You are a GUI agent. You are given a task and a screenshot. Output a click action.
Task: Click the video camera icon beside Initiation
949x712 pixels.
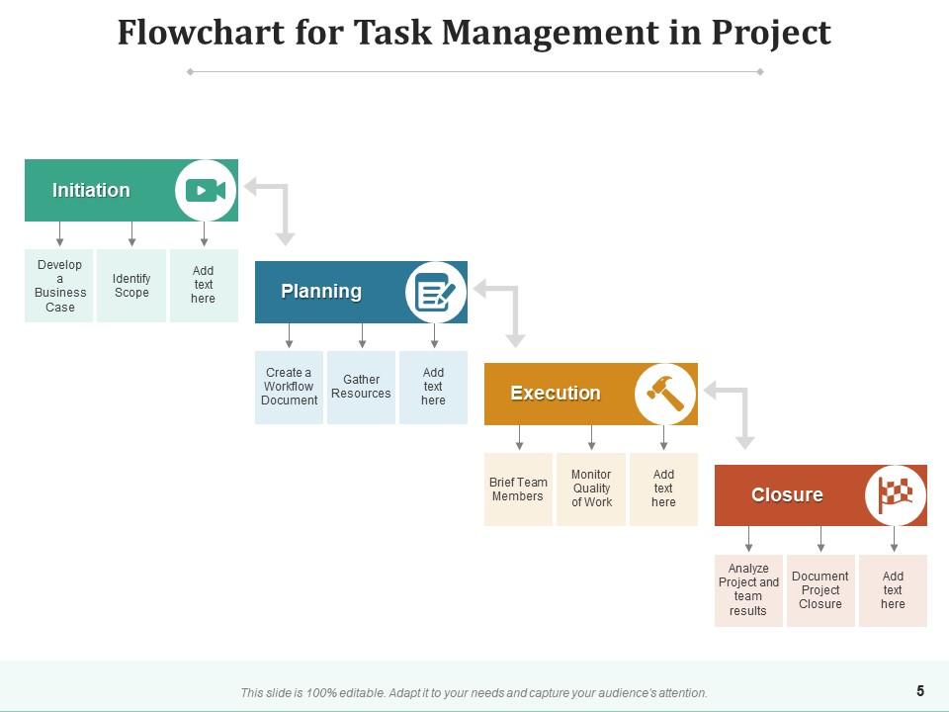click(x=206, y=190)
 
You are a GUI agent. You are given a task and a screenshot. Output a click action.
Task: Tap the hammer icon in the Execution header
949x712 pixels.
click(x=665, y=393)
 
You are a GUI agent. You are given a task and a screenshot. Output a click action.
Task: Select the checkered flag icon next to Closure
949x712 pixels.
click(x=896, y=494)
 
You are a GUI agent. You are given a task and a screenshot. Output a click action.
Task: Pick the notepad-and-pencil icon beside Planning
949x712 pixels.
click(x=436, y=292)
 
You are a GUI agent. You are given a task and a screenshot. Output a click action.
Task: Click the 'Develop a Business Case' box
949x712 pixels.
click(x=59, y=286)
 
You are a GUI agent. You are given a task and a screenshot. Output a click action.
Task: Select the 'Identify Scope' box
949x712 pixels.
click(x=131, y=286)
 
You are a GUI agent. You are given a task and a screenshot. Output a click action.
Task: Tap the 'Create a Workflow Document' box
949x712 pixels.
click(x=289, y=387)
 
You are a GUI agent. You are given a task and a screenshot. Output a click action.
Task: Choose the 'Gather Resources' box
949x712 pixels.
click(x=361, y=387)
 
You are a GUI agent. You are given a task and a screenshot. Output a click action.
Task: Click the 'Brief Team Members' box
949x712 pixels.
click(x=518, y=489)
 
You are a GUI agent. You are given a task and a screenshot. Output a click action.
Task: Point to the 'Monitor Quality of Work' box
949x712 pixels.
click(x=591, y=489)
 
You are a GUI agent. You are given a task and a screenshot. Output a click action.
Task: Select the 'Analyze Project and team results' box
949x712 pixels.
click(x=748, y=590)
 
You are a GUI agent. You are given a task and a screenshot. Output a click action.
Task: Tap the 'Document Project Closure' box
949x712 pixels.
click(x=820, y=590)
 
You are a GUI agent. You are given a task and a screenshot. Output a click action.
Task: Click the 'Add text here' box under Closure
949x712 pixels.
click(x=893, y=590)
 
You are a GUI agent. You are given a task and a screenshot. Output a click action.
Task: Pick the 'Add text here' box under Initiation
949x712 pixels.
click(x=204, y=286)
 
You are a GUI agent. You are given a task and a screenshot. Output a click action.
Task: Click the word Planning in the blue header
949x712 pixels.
click(x=321, y=292)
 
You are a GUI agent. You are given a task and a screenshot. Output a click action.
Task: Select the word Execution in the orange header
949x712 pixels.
click(x=555, y=393)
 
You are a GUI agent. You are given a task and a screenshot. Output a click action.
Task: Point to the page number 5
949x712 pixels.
click(x=920, y=691)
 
